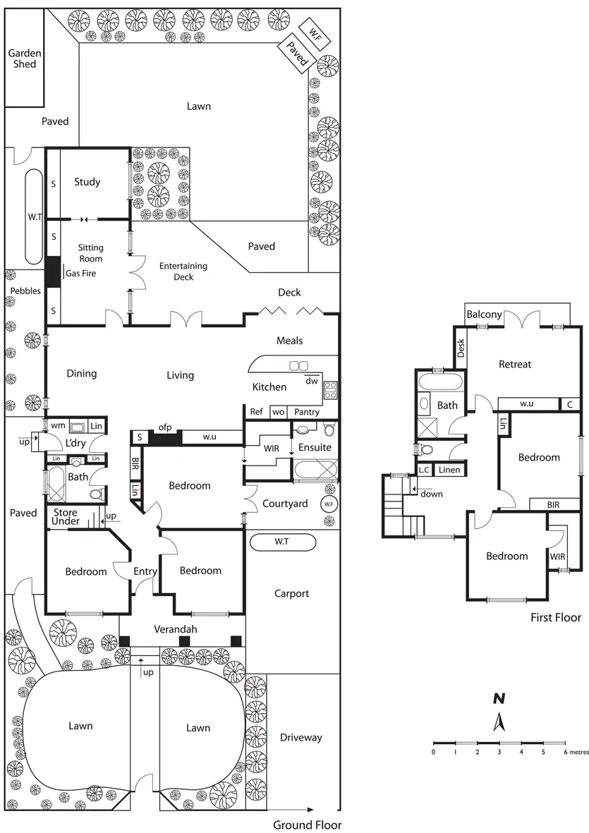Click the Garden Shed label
(24, 59)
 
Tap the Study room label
(87, 182)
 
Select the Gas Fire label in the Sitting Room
(80, 273)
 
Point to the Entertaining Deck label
(183, 272)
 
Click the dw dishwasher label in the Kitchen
(311, 382)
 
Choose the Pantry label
(307, 412)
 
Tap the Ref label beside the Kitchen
(256, 412)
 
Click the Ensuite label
(315, 447)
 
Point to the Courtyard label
(285, 504)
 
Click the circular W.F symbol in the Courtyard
(328, 504)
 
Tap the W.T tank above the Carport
(282, 542)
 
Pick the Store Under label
(66, 516)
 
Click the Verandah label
(176, 629)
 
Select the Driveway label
(300, 738)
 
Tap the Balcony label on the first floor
(485, 315)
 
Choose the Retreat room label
(515, 364)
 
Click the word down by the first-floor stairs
(432, 494)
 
